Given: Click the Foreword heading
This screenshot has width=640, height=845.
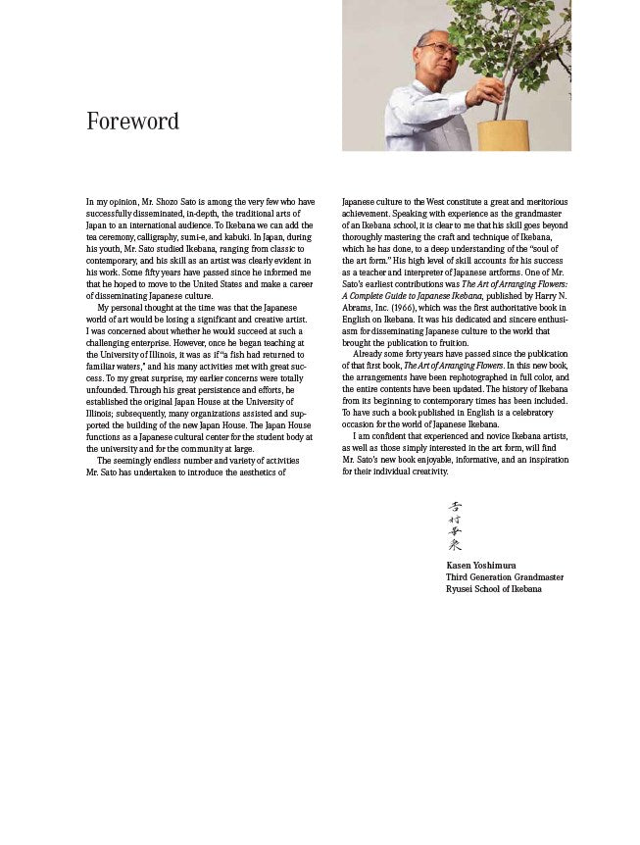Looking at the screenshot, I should tap(132, 122).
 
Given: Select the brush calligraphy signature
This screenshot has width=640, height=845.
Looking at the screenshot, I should tap(455, 526).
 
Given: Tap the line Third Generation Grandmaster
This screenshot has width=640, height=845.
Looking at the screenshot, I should tap(505, 577).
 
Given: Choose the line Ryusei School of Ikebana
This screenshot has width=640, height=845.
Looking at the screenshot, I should tap(494, 589).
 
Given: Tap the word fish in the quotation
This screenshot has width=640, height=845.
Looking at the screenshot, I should tap(205, 354).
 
